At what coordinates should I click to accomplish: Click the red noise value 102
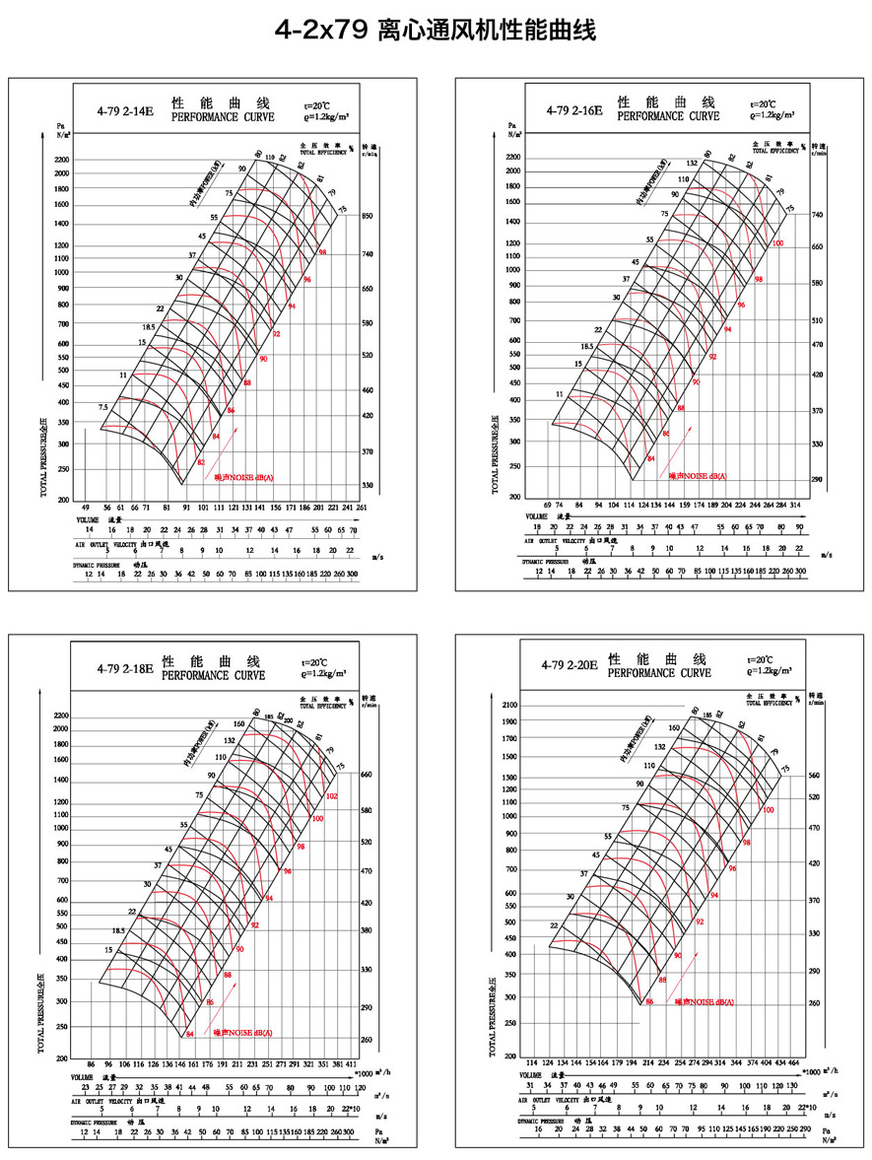click(331, 795)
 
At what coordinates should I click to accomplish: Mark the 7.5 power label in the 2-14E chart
click(102, 407)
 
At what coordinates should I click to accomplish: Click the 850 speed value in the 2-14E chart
click(369, 216)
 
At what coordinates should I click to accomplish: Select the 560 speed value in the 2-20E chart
click(814, 775)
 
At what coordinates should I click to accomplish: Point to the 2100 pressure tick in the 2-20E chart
click(509, 706)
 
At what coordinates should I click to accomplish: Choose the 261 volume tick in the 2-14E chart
click(362, 507)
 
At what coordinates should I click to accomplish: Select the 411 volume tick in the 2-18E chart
click(353, 1065)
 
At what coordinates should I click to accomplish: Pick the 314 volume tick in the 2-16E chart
click(796, 505)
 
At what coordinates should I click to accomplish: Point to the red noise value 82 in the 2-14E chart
click(201, 461)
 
